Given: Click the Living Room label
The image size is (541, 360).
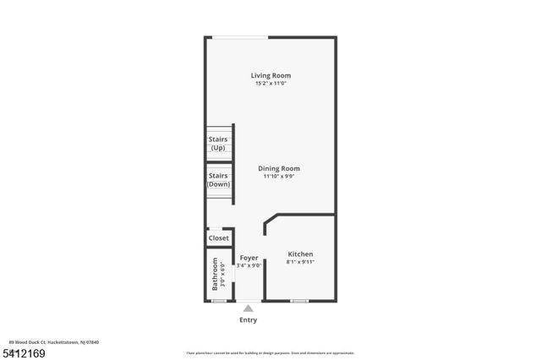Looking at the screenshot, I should (270, 75).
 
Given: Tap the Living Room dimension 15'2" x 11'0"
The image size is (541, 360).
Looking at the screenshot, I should (270, 84).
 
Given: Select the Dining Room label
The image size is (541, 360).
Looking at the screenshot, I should (279, 168).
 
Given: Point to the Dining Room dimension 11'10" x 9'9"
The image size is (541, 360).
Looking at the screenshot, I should (279, 177).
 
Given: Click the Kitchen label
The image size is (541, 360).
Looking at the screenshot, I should (300, 254).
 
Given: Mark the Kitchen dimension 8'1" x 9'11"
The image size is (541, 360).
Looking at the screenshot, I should (300, 262).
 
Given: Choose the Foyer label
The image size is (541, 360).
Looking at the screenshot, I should (249, 257).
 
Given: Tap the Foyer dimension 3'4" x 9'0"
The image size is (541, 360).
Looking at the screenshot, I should (249, 265).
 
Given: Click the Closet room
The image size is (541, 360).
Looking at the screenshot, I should (219, 238).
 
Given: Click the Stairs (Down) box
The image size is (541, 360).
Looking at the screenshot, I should (219, 180).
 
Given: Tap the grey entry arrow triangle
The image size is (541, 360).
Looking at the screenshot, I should (248, 309).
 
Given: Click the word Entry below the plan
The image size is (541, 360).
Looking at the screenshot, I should (248, 320).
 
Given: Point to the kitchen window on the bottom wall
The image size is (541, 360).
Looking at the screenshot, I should (298, 300).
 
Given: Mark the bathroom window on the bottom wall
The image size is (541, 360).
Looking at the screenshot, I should (219, 300).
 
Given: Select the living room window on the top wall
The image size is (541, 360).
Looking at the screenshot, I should (240, 36).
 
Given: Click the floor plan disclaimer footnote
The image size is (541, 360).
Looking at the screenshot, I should (270, 352).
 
